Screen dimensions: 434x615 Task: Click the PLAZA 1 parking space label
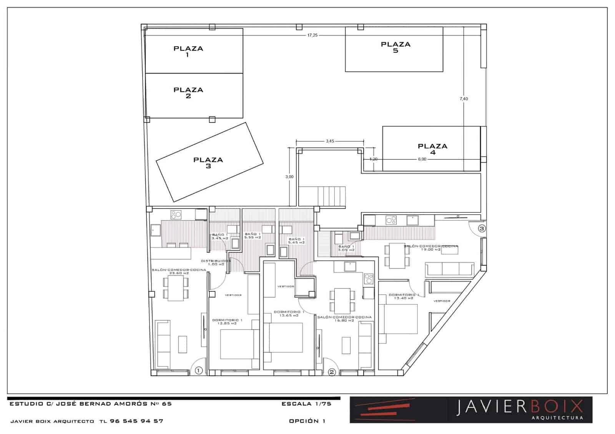tap(188, 51)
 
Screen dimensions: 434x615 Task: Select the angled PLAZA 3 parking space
tap(209, 162)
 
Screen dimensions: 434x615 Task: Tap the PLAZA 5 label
tap(396, 47)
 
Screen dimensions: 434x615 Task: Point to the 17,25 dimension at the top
tap(312, 35)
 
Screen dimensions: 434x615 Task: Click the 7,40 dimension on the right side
tap(464, 99)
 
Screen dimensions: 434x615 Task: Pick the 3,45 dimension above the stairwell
tap(330, 141)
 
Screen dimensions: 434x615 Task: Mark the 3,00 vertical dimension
tap(289, 177)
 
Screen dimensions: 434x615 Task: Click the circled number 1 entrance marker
tap(198, 371)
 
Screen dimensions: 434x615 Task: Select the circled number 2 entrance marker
tap(332, 372)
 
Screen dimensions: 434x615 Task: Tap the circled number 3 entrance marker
tap(482, 228)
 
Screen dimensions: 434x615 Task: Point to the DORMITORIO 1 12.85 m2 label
tap(227, 321)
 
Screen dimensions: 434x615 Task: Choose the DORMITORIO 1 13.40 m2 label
tap(404, 296)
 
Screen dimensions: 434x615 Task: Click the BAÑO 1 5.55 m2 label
tap(253, 235)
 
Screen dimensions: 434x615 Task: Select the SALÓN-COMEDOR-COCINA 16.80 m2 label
tap(344, 318)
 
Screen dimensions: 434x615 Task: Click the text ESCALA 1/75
tap(306, 404)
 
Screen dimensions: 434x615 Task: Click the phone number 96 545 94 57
tap(136, 421)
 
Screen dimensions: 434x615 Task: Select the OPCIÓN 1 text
tap(307, 421)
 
